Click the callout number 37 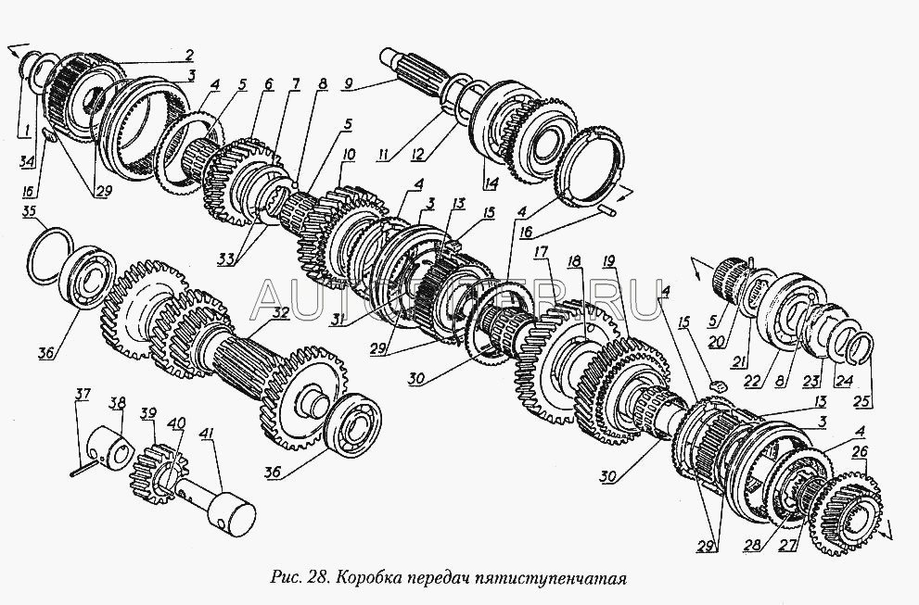[x=83, y=394]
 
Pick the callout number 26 [x=861, y=452]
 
